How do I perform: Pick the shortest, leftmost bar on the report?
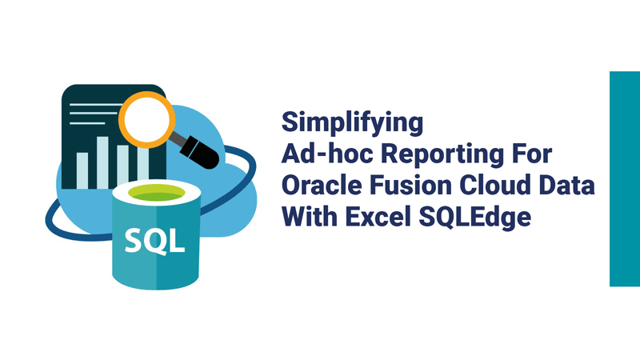pyautogui.click(x=82, y=170)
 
